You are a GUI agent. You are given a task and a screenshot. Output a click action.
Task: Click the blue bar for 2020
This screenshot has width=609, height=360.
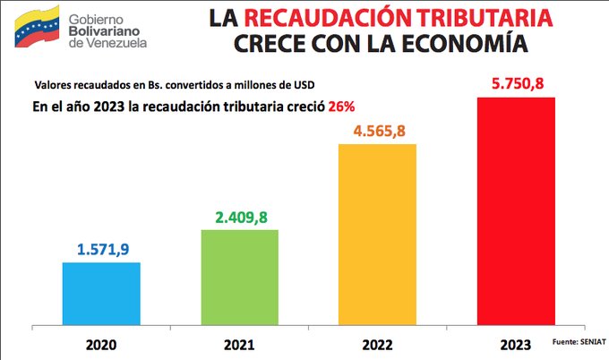click(101, 292)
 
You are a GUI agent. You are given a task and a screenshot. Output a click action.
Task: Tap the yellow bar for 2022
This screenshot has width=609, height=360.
click(377, 233)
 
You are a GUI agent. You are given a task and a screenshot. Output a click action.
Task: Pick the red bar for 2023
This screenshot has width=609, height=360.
click(516, 210)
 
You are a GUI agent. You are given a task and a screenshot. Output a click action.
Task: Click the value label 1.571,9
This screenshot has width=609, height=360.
click(101, 248)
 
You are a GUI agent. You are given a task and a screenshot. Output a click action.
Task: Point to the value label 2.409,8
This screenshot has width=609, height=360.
click(239, 216)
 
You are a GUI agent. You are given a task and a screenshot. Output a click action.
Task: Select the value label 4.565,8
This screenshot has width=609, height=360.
click(377, 130)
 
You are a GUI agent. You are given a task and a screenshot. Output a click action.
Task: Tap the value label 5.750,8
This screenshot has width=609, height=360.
click(516, 83)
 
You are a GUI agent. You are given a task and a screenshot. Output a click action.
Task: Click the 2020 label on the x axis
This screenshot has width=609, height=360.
click(101, 342)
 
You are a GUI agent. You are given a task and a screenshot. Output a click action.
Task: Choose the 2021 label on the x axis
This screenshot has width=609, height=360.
click(239, 342)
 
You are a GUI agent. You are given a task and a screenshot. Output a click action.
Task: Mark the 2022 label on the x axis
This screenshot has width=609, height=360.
click(377, 342)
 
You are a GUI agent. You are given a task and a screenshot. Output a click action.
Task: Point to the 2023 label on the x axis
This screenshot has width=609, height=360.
click(516, 343)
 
